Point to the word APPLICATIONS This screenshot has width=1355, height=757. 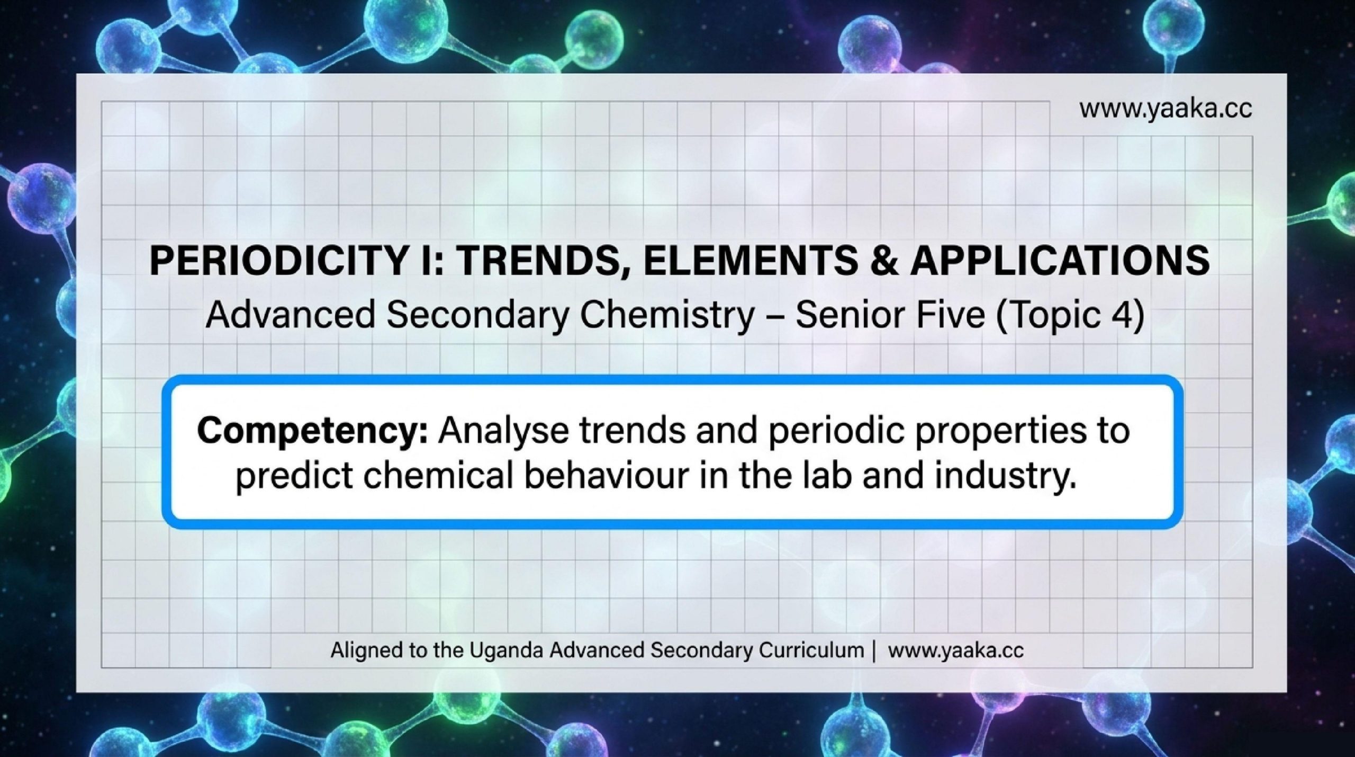coord(1059,261)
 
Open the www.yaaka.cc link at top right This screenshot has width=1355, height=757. coord(1166,110)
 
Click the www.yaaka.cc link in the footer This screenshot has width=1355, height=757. coord(955,651)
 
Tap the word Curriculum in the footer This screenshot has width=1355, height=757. coord(811,650)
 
